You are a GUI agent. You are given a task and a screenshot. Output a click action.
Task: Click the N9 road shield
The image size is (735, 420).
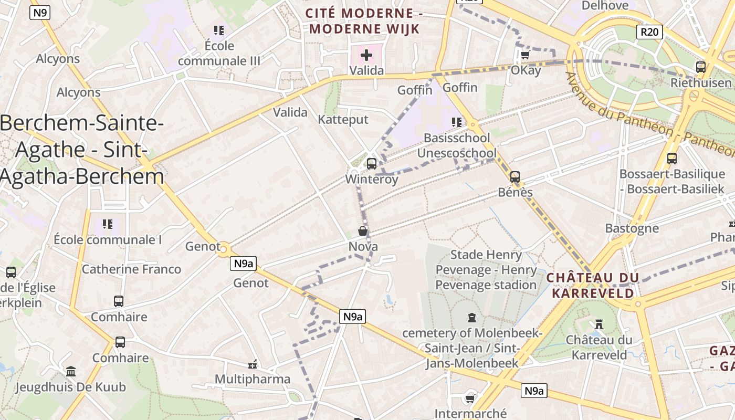coord(40,12)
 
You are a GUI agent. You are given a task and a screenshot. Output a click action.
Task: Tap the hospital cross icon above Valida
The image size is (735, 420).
coord(366,55)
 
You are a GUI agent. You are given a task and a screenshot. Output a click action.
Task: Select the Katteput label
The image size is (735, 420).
coord(343,120)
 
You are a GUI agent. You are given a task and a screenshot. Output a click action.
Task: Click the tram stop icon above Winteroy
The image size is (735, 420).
coord(372,163)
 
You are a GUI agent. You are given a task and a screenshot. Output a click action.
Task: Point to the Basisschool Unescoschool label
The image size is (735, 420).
coord(457,145)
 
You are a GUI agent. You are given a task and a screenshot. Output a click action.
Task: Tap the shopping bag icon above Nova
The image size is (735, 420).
coord(363,231)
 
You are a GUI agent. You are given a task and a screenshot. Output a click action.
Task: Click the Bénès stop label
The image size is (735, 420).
coord(515,192)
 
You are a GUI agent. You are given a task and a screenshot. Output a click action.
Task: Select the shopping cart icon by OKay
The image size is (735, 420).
coord(525,55)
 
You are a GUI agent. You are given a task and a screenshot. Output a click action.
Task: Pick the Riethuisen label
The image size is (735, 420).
coord(701,83)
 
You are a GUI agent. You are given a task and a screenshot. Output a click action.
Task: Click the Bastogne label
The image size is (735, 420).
coord(632,228)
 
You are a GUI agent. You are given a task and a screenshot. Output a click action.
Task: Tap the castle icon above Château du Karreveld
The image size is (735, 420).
coord(598,325)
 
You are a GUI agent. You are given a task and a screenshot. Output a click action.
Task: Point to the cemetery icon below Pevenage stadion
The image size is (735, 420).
coord(471,318)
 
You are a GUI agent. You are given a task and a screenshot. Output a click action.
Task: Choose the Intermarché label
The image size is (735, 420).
coord(470,414)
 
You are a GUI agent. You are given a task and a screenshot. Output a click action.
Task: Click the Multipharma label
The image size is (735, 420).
coord(253,379)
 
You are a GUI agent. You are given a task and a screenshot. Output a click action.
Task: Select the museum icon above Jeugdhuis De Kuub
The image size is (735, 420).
coord(71,372)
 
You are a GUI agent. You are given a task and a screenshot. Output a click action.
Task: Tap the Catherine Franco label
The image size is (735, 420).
coord(131,269)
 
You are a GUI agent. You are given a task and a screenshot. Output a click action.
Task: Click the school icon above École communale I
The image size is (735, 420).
coord(108,224)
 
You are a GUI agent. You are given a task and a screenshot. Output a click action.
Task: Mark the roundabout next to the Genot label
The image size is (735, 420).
coord(224,248)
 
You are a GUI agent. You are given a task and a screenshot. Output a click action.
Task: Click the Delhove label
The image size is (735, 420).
coord(605,5)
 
